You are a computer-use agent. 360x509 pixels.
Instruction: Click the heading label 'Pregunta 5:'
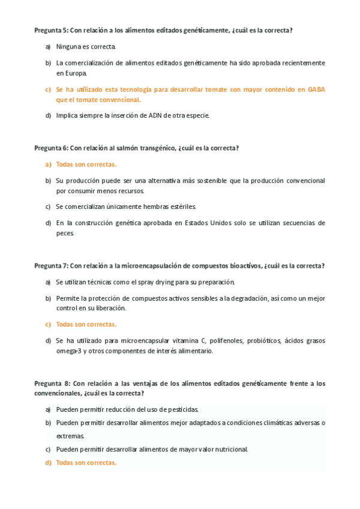[51, 30]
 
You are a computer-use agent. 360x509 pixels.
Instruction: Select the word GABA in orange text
[316, 89]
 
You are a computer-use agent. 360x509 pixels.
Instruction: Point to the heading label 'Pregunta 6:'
[51, 148]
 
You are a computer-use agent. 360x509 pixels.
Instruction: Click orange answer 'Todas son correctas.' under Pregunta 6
[86, 164]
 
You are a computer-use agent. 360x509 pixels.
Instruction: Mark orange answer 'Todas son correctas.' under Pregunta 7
[86, 324]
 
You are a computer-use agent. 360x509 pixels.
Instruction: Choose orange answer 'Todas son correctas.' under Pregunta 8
[86, 463]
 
